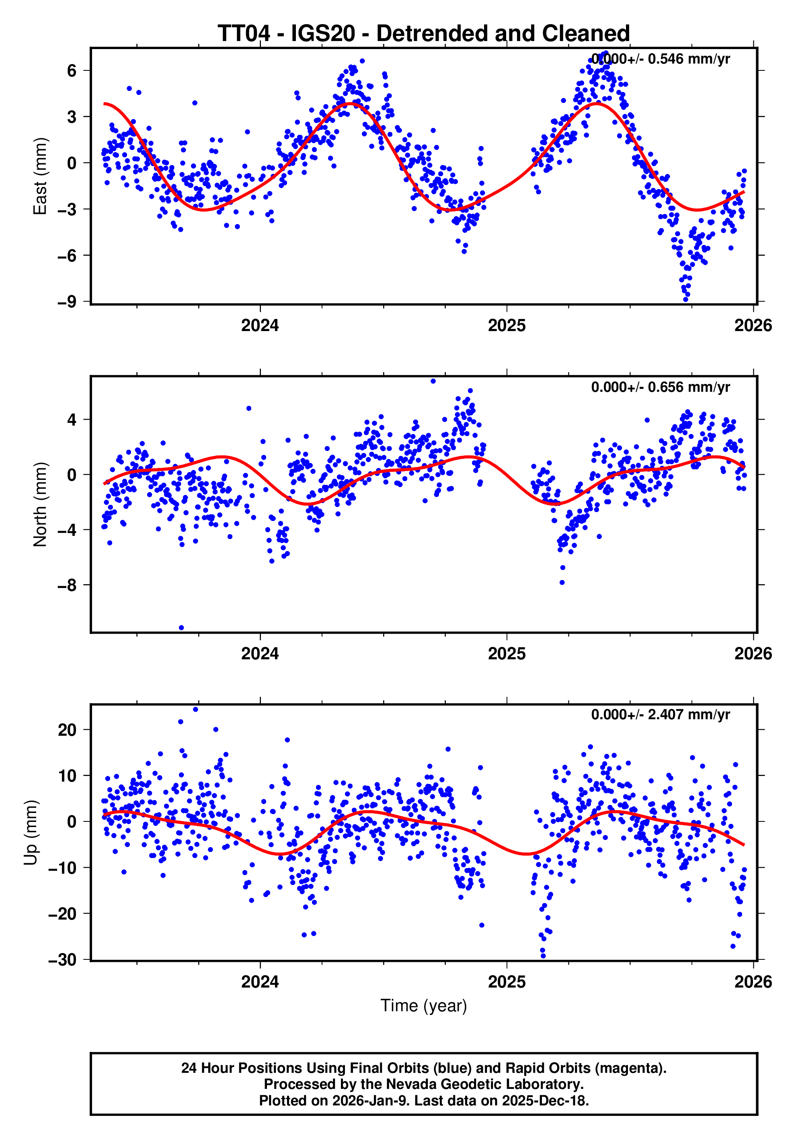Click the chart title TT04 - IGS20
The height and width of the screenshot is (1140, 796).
point(423,34)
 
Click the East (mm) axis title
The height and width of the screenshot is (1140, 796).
point(40,176)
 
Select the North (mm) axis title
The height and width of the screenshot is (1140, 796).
point(40,504)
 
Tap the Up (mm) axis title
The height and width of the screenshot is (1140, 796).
point(31,833)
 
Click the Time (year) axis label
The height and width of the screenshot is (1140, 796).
point(423,1005)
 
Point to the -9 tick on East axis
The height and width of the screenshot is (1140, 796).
point(67,302)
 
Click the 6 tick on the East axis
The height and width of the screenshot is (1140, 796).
point(72,70)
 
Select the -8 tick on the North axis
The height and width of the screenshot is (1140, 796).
point(67,585)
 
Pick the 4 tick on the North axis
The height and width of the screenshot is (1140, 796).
point(72,420)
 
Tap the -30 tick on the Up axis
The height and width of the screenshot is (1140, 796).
point(63,960)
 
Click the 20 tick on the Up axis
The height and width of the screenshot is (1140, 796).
point(67,730)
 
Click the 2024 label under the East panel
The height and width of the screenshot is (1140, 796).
point(260,326)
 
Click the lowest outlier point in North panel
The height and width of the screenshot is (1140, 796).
point(181,628)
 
